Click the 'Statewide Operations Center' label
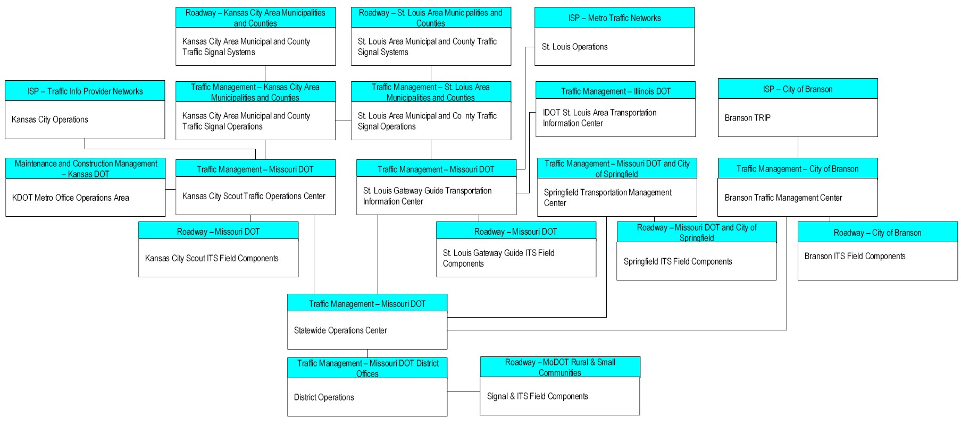pos(340,330)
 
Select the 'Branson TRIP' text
pos(747,118)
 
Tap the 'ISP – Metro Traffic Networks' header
pos(614,18)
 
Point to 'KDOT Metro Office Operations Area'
pos(71,198)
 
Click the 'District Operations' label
pos(324,397)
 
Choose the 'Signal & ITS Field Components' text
pos(538,396)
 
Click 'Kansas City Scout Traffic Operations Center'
pos(254,196)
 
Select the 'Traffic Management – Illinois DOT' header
pos(616,91)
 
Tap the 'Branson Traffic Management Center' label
pos(783,198)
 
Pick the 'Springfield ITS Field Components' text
pos(678,261)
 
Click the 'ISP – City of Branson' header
pos(798,89)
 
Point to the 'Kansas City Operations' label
pos(50,120)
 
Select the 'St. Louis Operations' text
pos(575,47)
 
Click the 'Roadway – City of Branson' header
pos(878,233)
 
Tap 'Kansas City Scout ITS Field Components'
pos(212,258)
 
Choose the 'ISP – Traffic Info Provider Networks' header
pos(85,91)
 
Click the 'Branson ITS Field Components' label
pos(855,256)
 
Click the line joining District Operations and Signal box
pos(464,391)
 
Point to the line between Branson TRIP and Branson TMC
pos(798,147)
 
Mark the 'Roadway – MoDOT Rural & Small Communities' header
pos(560,368)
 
